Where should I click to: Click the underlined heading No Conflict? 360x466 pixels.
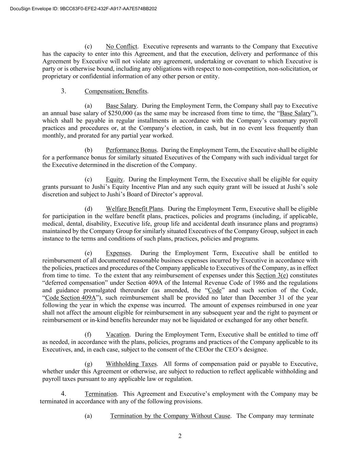coord(121,46)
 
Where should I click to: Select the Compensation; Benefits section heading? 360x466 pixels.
coord(116,91)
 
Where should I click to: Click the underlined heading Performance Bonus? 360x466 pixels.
coord(131,150)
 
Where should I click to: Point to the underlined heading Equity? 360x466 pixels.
coord(114,179)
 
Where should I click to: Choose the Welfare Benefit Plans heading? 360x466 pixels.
coord(134,209)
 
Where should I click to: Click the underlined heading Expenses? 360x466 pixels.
coord(118,253)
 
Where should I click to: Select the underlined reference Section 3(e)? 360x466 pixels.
coord(272,275)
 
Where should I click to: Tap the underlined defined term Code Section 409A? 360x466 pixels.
coord(70,298)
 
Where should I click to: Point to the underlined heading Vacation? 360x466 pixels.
coord(117,335)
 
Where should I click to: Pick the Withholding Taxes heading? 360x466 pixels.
coord(131,364)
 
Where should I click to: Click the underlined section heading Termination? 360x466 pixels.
coord(101,394)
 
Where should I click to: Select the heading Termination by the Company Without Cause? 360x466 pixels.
coord(170,416)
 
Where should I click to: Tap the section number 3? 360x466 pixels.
coord(63,91)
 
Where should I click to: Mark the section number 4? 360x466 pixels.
coord(63,394)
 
